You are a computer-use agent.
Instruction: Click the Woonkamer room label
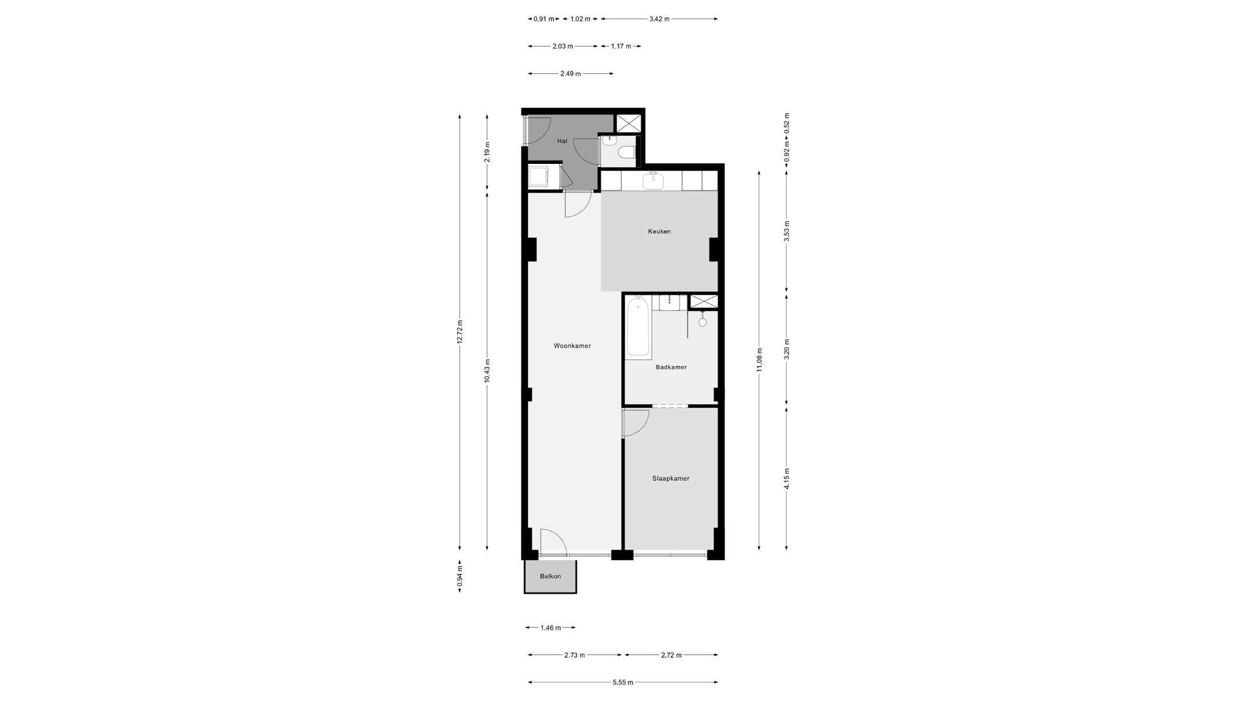pyautogui.click(x=572, y=346)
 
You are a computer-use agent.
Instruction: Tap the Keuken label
pyautogui.click(x=659, y=231)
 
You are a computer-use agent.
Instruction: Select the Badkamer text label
pyautogui.click(x=671, y=367)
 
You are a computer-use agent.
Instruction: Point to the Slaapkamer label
pyautogui.click(x=671, y=478)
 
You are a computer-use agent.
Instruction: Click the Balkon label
pyautogui.click(x=550, y=576)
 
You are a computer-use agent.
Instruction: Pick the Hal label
pyautogui.click(x=562, y=141)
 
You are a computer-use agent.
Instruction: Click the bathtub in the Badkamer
pyautogui.click(x=638, y=327)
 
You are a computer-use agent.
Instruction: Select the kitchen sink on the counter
pyautogui.click(x=653, y=181)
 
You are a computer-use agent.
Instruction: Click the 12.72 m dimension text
pyautogui.click(x=460, y=332)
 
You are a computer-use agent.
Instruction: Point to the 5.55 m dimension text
pyautogui.click(x=622, y=683)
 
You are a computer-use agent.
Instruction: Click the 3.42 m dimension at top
pyautogui.click(x=659, y=19)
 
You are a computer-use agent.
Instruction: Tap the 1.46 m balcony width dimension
pyautogui.click(x=550, y=628)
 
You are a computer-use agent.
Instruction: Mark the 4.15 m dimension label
pyautogui.click(x=787, y=479)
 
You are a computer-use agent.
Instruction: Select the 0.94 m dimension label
pyautogui.click(x=460, y=576)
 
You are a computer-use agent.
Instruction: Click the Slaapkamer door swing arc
pyautogui.click(x=637, y=423)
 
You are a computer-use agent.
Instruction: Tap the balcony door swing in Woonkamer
pyautogui.click(x=554, y=541)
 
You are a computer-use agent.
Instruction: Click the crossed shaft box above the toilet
pyautogui.click(x=628, y=123)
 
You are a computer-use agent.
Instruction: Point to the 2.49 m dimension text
pyautogui.click(x=570, y=74)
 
